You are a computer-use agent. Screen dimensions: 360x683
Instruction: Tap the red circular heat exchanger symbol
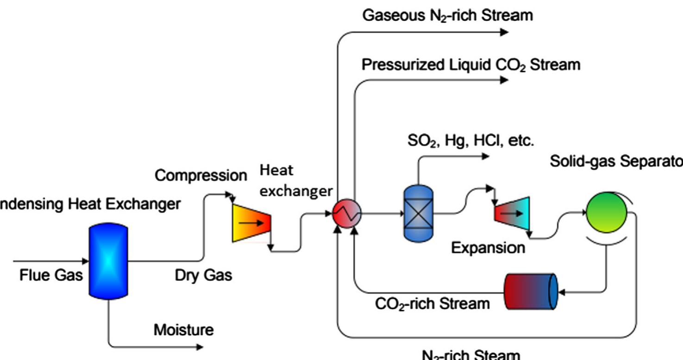(347, 214)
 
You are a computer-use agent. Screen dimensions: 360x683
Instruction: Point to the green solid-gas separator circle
(607, 213)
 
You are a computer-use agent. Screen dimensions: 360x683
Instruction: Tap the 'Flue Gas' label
(51, 275)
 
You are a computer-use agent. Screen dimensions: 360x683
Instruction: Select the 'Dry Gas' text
(203, 275)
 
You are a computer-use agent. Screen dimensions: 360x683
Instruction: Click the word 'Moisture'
(184, 330)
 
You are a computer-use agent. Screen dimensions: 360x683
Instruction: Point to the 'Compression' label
(201, 176)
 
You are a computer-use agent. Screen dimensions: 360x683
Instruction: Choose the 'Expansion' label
(488, 248)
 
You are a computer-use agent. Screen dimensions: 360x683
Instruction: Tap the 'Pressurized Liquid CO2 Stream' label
(470, 65)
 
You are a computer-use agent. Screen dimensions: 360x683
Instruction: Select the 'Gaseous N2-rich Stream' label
(447, 15)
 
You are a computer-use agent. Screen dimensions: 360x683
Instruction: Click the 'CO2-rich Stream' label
(432, 304)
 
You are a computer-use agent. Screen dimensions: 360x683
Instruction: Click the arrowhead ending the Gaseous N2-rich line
(505, 32)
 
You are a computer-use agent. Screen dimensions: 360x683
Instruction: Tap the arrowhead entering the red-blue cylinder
(562, 292)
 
